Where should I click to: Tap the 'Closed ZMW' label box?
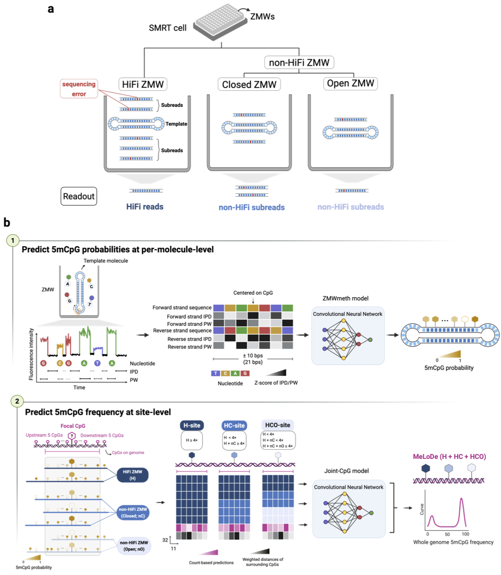click(249, 85)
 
